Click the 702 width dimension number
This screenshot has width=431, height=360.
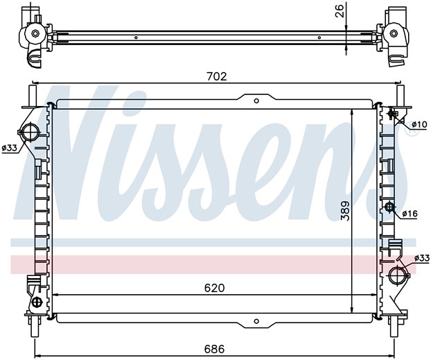(217, 76)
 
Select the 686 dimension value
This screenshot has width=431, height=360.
(214, 349)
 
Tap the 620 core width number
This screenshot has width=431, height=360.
(214, 288)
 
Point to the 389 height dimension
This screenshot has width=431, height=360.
(345, 211)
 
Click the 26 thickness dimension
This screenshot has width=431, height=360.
(340, 11)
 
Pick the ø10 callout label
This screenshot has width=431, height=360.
(419, 125)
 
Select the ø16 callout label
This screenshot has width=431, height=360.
(410, 214)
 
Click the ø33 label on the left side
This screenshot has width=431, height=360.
(9, 148)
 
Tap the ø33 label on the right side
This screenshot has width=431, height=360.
(422, 258)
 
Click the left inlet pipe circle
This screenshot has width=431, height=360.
(29, 132)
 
